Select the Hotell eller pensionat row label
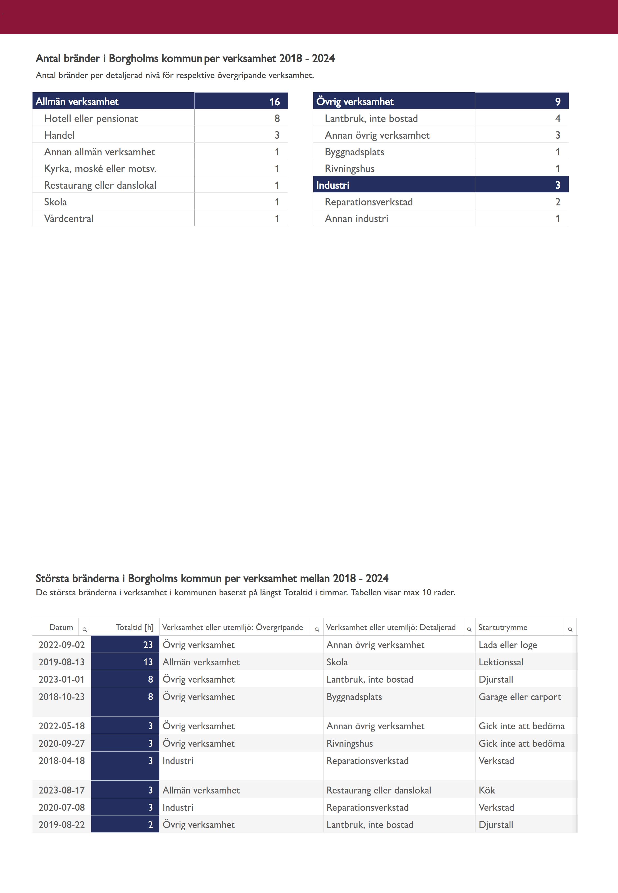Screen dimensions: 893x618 click(91, 118)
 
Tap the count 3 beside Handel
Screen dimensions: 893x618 click(277, 135)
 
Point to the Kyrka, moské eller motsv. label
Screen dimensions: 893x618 click(100, 168)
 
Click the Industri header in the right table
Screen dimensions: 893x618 click(332, 185)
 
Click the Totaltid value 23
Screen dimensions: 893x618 click(148, 645)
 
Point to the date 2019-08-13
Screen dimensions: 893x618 click(61, 662)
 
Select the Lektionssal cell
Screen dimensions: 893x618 click(501, 662)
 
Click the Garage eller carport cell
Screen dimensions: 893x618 click(520, 697)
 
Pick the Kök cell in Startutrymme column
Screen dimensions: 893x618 click(487, 790)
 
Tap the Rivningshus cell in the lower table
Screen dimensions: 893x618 click(349, 743)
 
